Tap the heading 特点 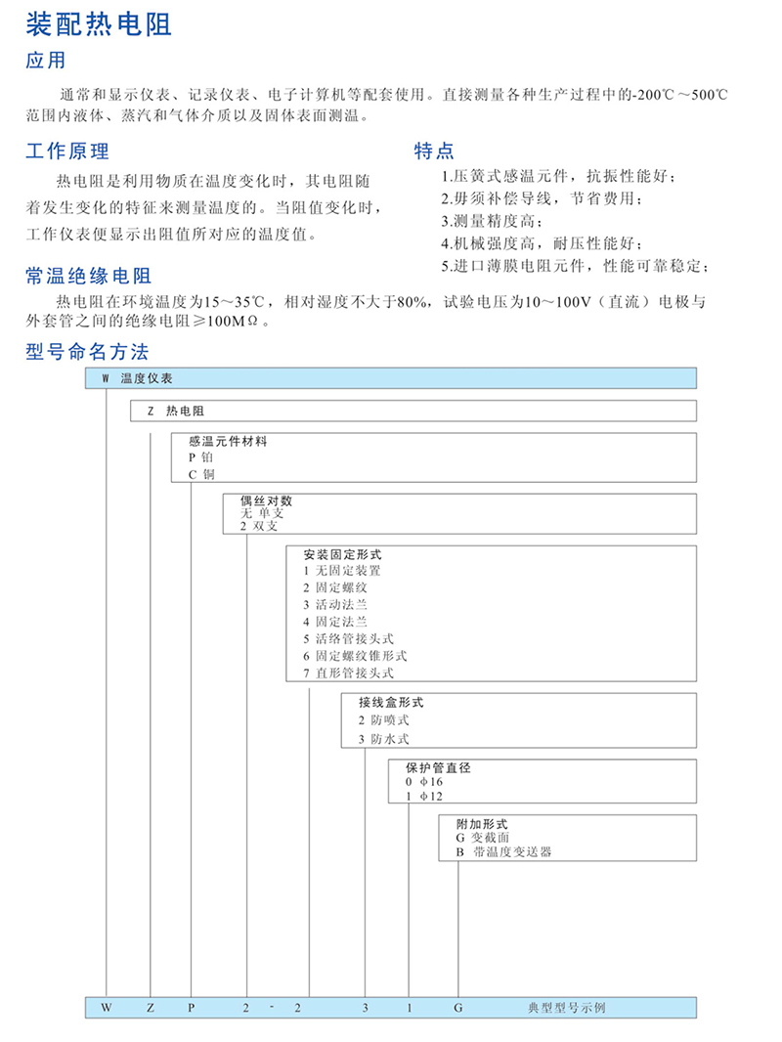(434, 151)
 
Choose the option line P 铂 (200, 457)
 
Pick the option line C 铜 (200, 474)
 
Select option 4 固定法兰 (334, 621)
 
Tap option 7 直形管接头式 (348, 673)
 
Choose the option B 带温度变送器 (503, 852)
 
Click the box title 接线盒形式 (391, 702)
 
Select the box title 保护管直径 (438, 767)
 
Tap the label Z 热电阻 (176, 412)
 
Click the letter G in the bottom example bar (456, 1007)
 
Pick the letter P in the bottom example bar (192, 1007)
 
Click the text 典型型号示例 (566, 1007)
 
